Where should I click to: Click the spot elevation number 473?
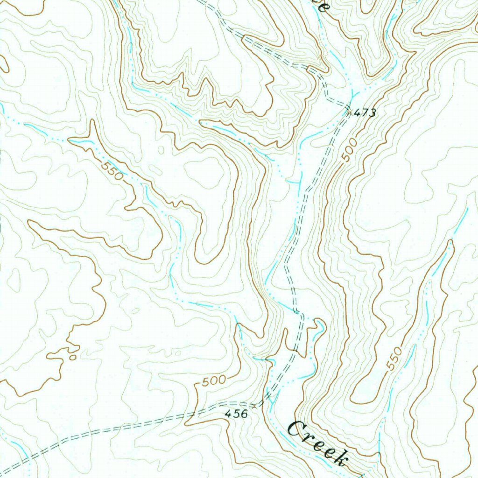pos(365,112)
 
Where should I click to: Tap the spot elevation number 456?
pos(236,414)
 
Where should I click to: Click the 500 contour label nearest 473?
pos(349,150)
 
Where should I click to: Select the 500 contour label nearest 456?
pos(214,381)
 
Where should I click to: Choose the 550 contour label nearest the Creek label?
pos(394,359)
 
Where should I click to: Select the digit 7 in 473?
pos(365,112)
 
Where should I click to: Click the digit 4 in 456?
pos(229,414)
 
